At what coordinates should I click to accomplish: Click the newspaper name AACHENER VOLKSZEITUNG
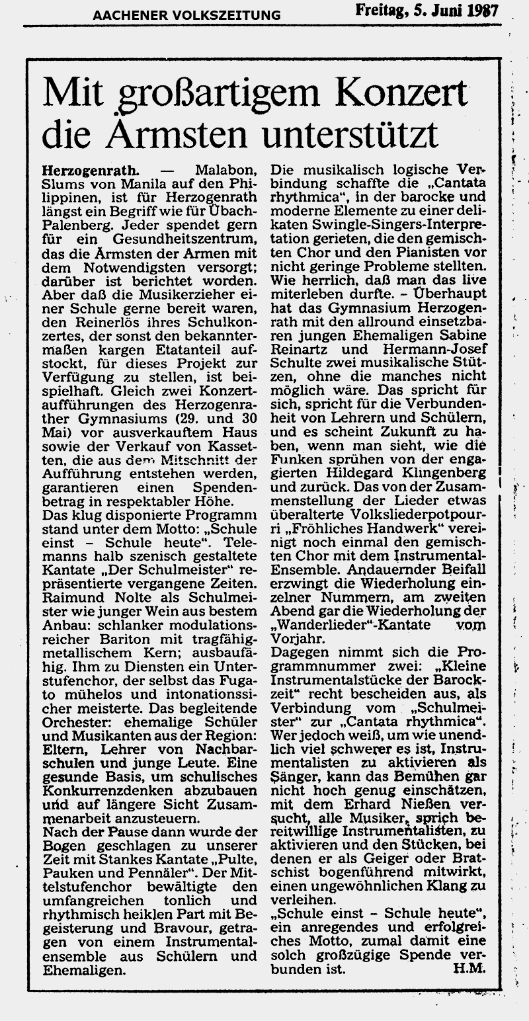click(186, 15)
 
